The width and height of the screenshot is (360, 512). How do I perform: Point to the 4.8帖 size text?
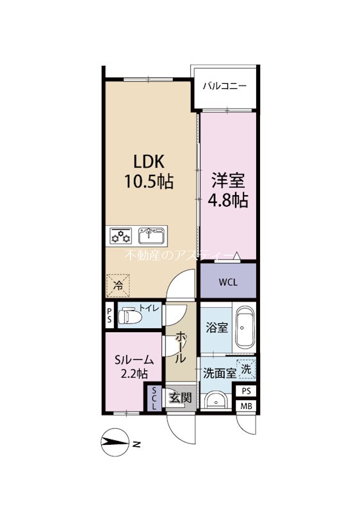pyautogui.click(x=228, y=200)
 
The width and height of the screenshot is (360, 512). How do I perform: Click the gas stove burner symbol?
pyautogui.click(x=120, y=236)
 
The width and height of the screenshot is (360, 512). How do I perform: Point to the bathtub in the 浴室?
pyautogui.click(x=245, y=328)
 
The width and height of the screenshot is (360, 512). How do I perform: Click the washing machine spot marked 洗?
pyautogui.click(x=247, y=369)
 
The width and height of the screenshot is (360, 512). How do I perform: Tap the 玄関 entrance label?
pyautogui.click(x=180, y=397)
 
